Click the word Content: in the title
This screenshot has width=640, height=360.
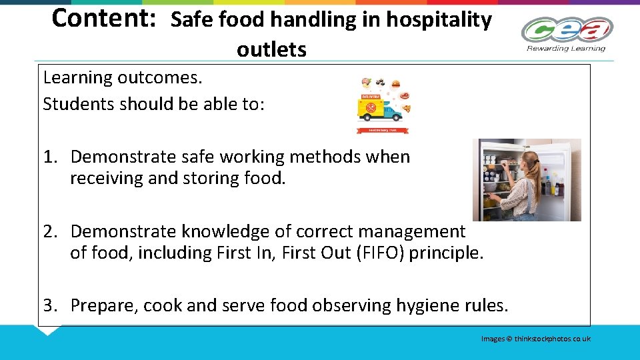click(x=103, y=19)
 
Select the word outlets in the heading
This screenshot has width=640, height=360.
click(x=271, y=49)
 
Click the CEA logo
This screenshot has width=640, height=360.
click(x=567, y=30)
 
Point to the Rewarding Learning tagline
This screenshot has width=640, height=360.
click(x=566, y=48)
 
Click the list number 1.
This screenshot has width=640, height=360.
click(x=49, y=157)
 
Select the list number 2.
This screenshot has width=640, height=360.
click(x=49, y=232)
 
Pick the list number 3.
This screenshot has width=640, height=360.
click(x=49, y=306)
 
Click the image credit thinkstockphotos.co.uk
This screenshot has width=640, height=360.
click(x=552, y=339)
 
